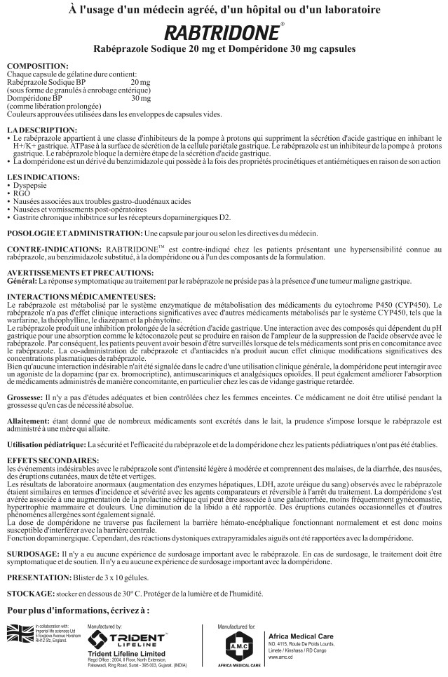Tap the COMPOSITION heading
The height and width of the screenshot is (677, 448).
[37, 65]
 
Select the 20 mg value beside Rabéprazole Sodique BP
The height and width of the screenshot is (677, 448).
[140, 83]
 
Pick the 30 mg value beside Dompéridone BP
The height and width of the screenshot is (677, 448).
[140, 99]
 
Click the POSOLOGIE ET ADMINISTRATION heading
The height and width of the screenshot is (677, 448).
[72, 232]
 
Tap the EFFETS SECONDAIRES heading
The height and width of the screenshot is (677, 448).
[48, 458]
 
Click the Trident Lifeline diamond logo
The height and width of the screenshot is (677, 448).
[98, 639]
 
